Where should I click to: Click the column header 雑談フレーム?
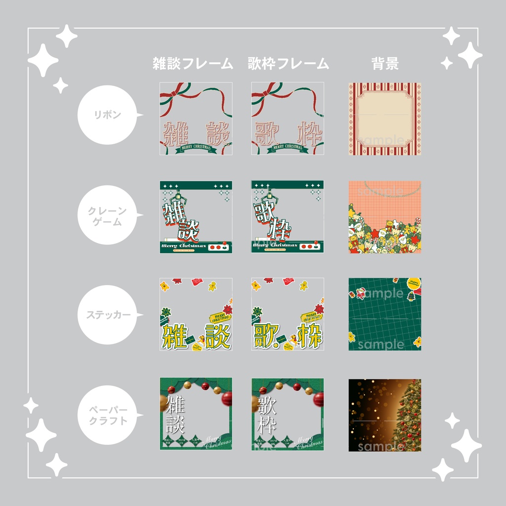click(x=193, y=64)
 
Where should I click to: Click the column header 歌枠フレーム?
click(x=288, y=64)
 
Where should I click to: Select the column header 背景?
click(x=385, y=64)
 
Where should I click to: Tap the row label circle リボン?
click(x=107, y=115)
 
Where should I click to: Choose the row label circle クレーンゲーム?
click(x=107, y=216)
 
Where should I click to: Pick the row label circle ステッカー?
click(x=107, y=315)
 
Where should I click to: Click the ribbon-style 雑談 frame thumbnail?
click(x=196, y=119)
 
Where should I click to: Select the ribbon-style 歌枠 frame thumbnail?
click(x=288, y=119)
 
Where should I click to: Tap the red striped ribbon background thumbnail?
click(x=385, y=119)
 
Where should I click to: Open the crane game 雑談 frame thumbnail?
click(x=196, y=217)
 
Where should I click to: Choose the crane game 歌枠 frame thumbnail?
click(x=288, y=217)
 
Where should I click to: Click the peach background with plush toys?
click(x=385, y=217)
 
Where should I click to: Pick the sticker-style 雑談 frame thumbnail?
click(x=196, y=314)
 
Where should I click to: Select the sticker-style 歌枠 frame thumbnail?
click(x=288, y=314)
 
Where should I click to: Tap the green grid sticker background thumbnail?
click(x=385, y=314)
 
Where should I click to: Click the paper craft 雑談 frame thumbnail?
click(x=196, y=414)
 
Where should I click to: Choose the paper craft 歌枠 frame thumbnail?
click(x=288, y=414)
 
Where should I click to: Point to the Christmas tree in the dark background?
click(x=408, y=418)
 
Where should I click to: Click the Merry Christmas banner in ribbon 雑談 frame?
click(x=196, y=147)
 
